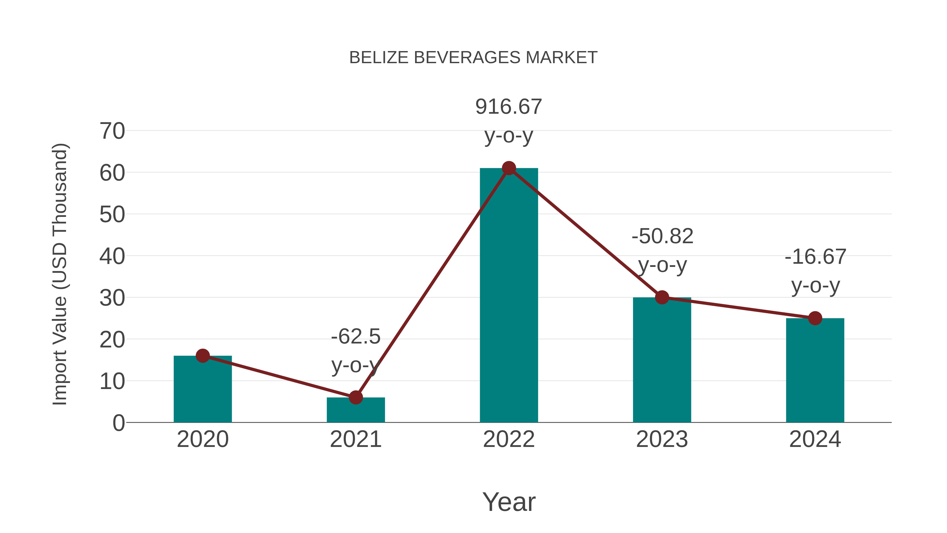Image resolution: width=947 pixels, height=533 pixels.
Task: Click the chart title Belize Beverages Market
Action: pyautogui.click(x=473, y=58)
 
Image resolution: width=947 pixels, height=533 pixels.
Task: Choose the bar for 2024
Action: pyautogui.click(x=815, y=371)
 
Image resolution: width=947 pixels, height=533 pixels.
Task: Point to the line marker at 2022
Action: pyautogui.click(x=509, y=168)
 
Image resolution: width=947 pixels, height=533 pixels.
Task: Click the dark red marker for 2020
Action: pyautogui.click(x=203, y=356)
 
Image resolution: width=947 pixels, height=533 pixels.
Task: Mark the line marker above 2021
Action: pyautogui.click(x=355, y=397)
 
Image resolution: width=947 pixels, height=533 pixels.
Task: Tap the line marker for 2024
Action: pyautogui.click(x=815, y=318)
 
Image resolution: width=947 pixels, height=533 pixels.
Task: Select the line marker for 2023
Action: pyautogui.click(x=662, y=297)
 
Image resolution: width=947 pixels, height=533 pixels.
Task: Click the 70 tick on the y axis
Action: pyautogui.click(x=112, y=131)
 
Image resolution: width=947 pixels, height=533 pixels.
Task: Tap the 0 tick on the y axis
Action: pyautogui.click(x=118, y=423)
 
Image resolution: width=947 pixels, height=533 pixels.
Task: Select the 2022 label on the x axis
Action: pyautogui.click(x=509, y=439)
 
